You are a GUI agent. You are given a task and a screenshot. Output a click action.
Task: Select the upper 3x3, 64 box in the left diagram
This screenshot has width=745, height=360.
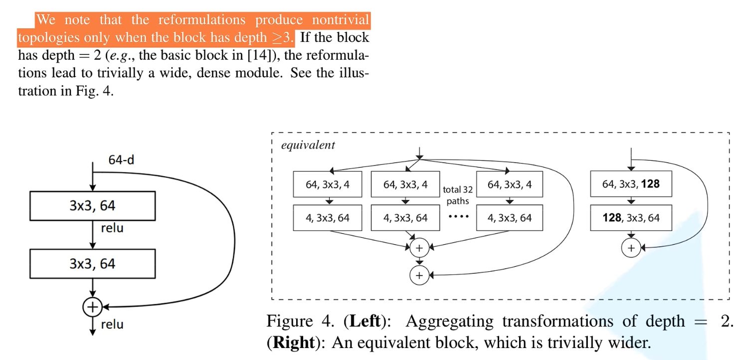coord(92,205)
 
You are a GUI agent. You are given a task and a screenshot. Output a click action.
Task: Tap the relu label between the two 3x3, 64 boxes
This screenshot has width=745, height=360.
coord(112,228)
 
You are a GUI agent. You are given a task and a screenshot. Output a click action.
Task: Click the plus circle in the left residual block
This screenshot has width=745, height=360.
coord(92,307)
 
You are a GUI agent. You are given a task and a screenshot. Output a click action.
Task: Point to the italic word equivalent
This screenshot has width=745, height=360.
coord(308,146)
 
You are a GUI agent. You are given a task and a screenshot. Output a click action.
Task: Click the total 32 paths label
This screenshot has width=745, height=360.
coord(458,195)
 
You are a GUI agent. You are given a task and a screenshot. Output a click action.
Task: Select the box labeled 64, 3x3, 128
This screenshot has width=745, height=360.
coord(631,184)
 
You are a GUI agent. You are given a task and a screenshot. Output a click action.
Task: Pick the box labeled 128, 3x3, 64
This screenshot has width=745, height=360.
coord(631,218)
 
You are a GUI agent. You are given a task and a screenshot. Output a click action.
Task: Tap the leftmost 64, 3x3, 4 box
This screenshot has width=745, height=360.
coord(328,184)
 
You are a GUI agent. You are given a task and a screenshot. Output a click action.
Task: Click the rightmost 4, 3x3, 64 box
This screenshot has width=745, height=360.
coord(509,218)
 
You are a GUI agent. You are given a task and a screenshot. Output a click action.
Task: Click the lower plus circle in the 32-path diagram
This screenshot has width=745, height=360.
coord(419,275)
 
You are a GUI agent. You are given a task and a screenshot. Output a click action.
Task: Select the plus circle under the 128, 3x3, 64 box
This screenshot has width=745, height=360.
coord(631,248)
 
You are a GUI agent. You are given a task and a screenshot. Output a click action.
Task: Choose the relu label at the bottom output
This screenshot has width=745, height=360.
coord(112,325)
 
